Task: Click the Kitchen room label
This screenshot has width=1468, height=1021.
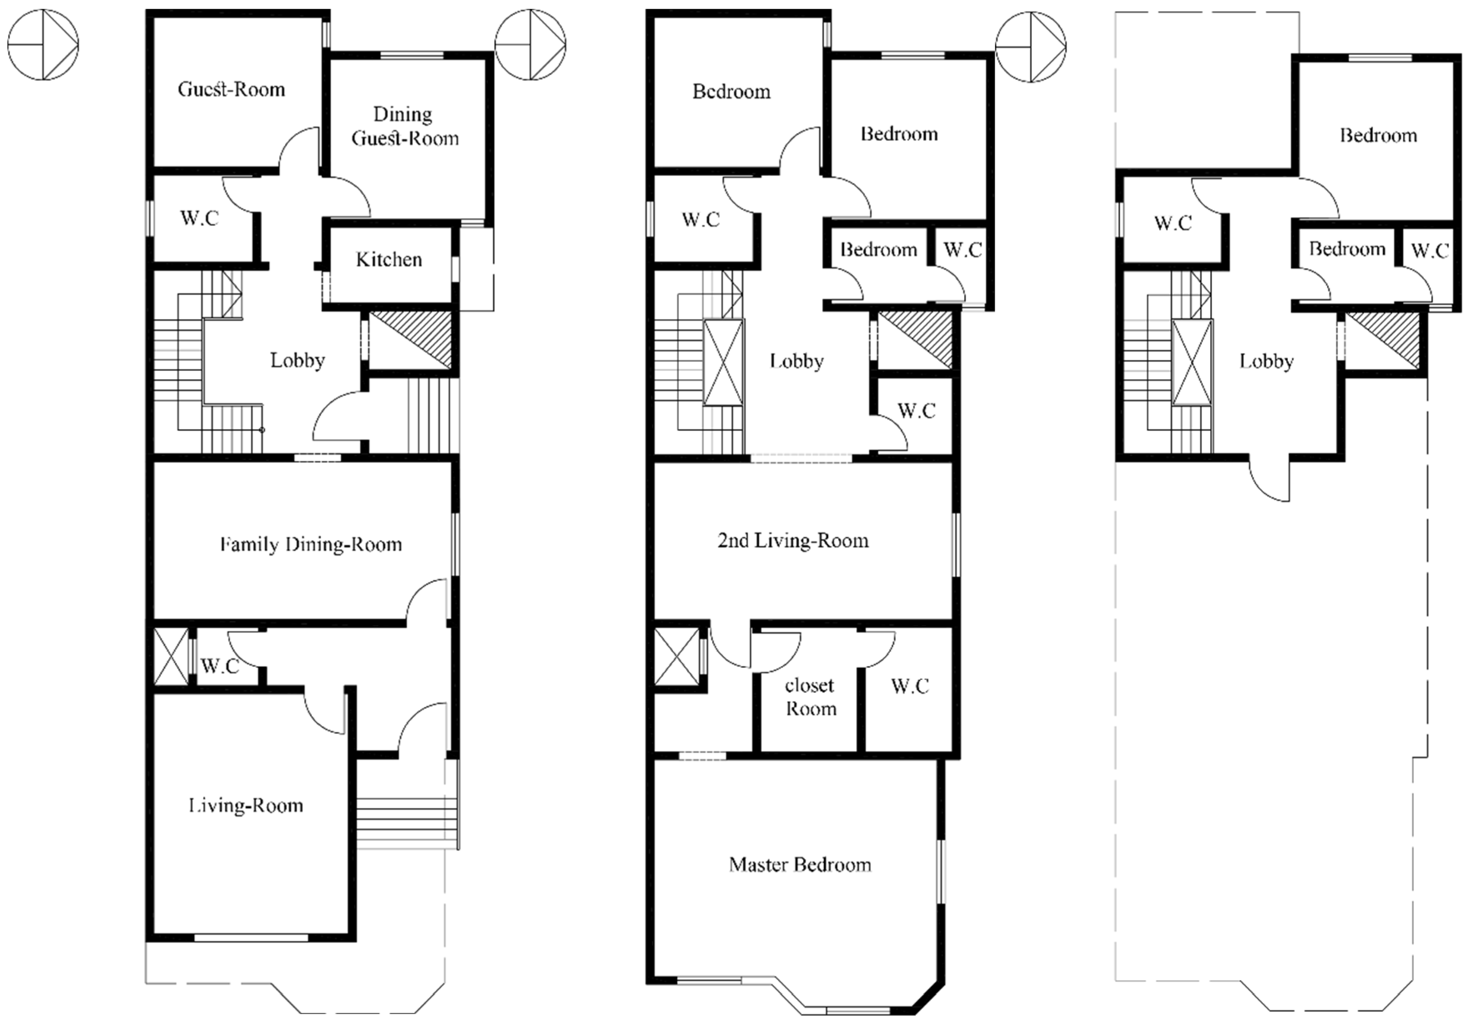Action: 389,259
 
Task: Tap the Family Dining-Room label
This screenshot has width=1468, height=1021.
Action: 311,545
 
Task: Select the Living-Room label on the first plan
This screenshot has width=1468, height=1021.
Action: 246,805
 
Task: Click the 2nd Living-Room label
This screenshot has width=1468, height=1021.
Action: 793,541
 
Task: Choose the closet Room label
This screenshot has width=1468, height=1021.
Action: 810,697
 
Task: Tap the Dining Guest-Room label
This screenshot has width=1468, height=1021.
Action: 405,126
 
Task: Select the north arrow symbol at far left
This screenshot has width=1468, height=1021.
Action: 43,45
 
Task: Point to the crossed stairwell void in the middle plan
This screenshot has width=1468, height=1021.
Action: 724,362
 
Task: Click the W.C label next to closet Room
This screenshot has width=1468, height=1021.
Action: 910,687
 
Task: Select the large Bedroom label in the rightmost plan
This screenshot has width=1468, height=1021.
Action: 1378,136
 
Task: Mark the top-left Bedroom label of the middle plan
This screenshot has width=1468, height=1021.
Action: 731,91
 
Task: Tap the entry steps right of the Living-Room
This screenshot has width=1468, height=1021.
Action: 407,823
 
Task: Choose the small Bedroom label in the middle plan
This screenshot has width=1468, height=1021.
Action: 878,249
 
